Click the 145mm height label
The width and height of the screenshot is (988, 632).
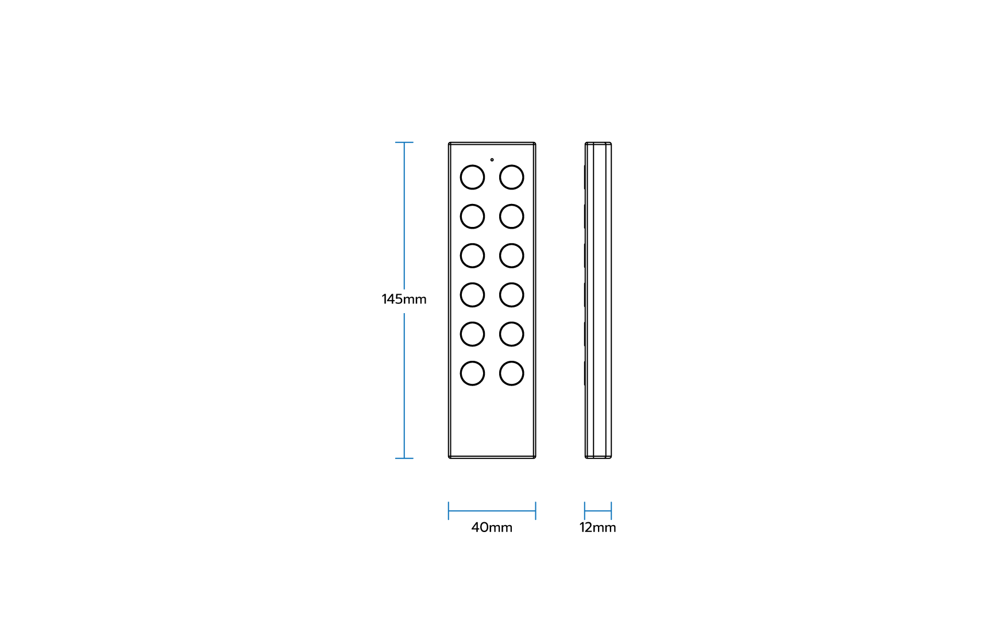(x=404, y=299)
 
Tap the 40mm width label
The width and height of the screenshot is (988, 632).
(x=492, y=527)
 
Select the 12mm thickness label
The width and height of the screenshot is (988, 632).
(x=597, y=527)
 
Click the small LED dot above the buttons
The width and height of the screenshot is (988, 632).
(x=492, y=160)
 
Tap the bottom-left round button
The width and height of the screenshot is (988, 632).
(x=472, y=373)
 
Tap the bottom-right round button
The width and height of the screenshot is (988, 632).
(x=511, y=373)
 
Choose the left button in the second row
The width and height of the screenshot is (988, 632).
(x=472, y=217)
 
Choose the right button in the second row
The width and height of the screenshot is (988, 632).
(x=511, y=217)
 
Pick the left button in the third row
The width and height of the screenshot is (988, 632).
(x=472, y=256)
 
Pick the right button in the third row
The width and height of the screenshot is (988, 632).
(x=511, y=256)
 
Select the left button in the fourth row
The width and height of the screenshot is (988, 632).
(x=472, y=295)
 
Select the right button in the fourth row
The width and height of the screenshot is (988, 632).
(x=511, y=295)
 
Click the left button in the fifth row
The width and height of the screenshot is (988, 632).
(x=472, y=334)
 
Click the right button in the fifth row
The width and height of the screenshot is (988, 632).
(x=511, y=334)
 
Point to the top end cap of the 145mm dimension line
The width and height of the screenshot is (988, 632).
(x=404, y=142)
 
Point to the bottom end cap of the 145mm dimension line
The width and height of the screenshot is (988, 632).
(x=404, y=458)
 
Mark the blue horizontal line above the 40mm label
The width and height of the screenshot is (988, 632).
(x=492, y=511)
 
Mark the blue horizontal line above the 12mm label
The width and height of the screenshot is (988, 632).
(x=598, y=511)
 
